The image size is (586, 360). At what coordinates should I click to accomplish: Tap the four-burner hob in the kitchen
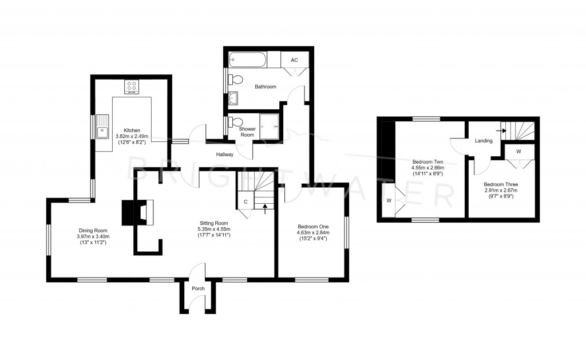[x=131, y=87]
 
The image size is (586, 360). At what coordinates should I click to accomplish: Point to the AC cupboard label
[x=294, y=60]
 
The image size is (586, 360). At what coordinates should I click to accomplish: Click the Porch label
[x=198, y=288]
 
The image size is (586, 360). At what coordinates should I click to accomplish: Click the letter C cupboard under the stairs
[x=246, y=201]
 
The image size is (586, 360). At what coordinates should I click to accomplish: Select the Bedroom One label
[x=311, y=226]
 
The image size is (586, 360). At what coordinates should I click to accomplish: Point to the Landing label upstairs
[x=484, y=140]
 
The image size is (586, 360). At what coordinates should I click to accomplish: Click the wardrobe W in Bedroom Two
[x=389, y=200]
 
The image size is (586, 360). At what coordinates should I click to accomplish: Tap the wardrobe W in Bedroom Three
[x=518, y=152]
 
